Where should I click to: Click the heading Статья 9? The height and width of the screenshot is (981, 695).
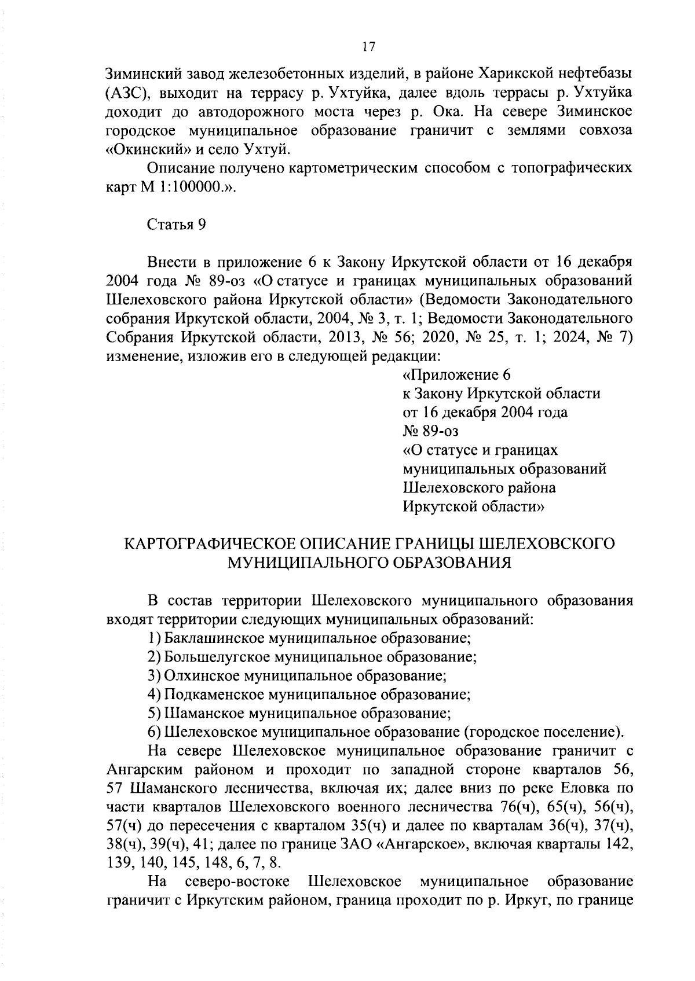[177, 225]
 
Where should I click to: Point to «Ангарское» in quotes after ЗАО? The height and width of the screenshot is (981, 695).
[422, 844]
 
